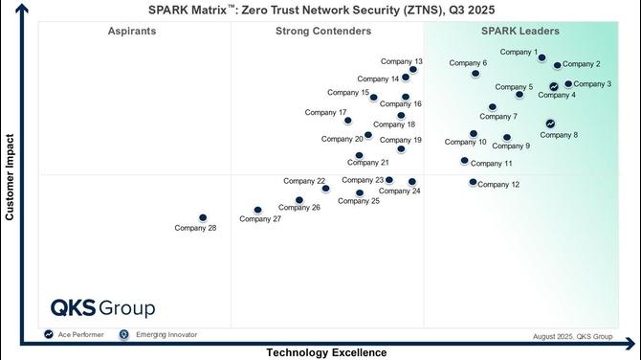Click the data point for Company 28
pos(203,217)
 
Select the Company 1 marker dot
pos(542,57)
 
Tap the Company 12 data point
pos(473,182)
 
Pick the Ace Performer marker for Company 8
pos(550,124)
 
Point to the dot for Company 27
pos(257,210)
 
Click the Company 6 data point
pos(475,74)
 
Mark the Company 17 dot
pos(347,121)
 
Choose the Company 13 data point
pos(413,70)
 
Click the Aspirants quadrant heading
pos(132,31)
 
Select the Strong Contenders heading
pos(323,31)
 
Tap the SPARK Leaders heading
pos(520,31)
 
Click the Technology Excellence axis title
pos(326,352)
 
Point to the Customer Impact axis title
pos(10,177)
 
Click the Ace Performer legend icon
pos(49,334)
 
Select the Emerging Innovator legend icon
pos(123,334)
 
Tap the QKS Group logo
pos(103,308)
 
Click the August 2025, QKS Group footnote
pos(572,337)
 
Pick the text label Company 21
pos(368,163)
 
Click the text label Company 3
pos(592,84)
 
